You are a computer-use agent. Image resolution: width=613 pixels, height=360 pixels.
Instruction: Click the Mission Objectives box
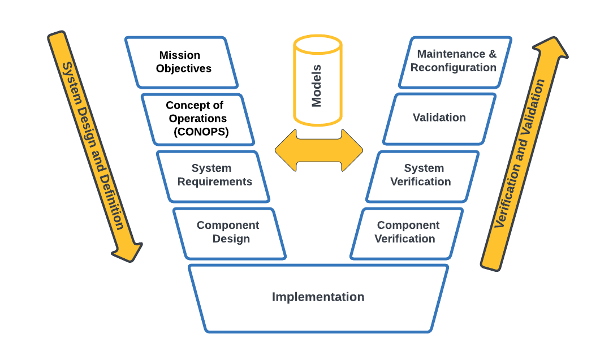181,62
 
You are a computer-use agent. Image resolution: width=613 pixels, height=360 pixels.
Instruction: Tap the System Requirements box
214,176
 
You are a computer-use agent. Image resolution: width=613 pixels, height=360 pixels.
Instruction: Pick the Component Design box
230,233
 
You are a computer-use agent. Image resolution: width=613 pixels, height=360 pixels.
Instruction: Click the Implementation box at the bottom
318,297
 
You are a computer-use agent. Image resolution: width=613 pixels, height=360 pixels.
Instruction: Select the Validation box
439,118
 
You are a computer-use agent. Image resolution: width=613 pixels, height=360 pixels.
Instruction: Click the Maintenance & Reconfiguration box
455,62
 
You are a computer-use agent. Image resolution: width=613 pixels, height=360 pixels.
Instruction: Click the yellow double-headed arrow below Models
318,150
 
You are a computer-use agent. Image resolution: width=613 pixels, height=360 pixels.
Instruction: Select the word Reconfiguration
454,68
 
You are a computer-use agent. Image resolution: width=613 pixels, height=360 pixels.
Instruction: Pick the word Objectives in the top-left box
184,69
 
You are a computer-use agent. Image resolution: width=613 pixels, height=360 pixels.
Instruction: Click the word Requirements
215,182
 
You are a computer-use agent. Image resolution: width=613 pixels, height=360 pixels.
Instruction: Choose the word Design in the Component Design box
231,239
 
